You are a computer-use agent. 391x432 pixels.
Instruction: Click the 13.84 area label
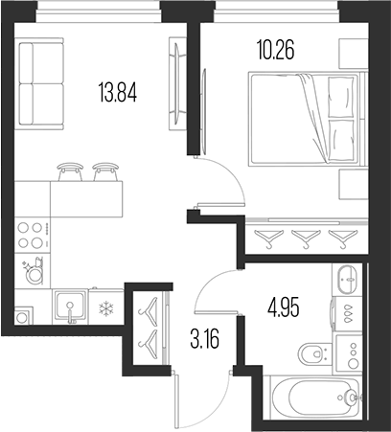pos(118,91)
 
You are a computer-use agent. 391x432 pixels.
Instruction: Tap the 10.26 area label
pos(275,50)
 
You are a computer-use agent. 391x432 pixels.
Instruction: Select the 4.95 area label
pos(284,308)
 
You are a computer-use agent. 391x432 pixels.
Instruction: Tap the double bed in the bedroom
pos(304,119)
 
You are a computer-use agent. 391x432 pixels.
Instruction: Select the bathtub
pos(317,398)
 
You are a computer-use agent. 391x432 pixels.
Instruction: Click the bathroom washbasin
pos(348,280)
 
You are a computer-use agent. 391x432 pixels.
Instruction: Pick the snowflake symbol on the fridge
pos(104,309)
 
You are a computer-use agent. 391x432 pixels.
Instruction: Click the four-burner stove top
pos(33,236)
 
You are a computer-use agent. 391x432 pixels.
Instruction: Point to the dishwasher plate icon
pos(33,271)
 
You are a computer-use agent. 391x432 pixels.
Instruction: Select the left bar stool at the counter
pos(69,171)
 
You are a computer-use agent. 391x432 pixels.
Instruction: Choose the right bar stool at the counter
pos(105,171)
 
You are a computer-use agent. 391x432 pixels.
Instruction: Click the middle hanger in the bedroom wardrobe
pos(306,239)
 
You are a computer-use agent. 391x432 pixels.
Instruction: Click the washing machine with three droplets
pos(348,313)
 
